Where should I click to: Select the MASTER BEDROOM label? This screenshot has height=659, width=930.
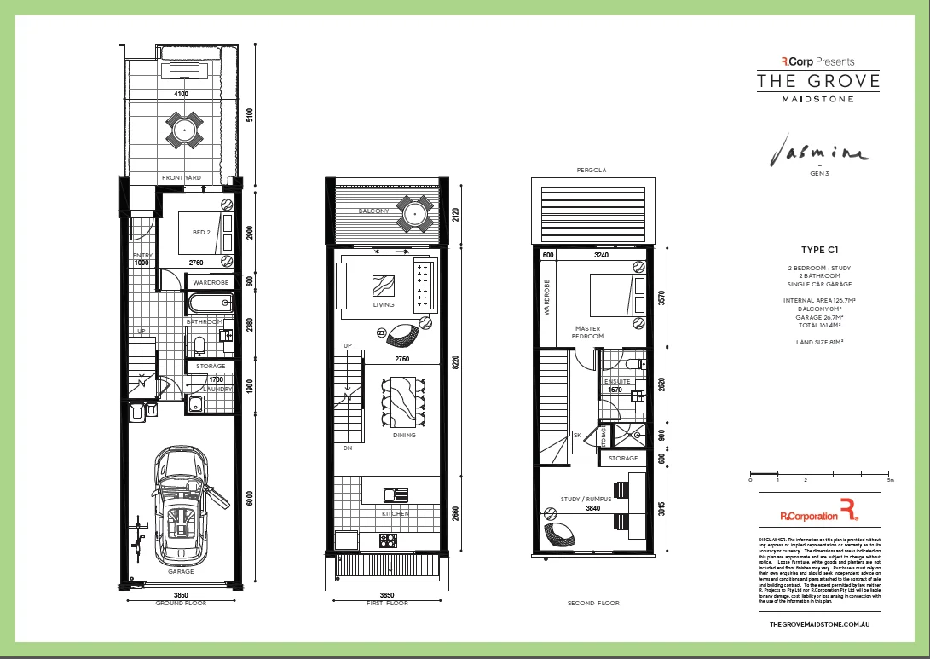(x=587, y=332)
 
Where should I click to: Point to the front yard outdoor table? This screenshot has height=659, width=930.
(x=185, y=130)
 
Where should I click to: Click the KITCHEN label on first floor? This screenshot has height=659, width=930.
(x=396, y=514)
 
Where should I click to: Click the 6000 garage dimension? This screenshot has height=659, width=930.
(x=250, y=500)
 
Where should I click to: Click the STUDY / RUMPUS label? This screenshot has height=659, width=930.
(x=582, y=499)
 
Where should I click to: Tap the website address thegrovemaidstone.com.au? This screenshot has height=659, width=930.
(x=818, y=625)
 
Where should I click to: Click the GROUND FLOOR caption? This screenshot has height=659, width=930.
(x=181, y=603)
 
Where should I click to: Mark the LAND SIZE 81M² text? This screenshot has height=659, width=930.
(x=818, y=342)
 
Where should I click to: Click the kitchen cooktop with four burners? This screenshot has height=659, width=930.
(x=389, y=540)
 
